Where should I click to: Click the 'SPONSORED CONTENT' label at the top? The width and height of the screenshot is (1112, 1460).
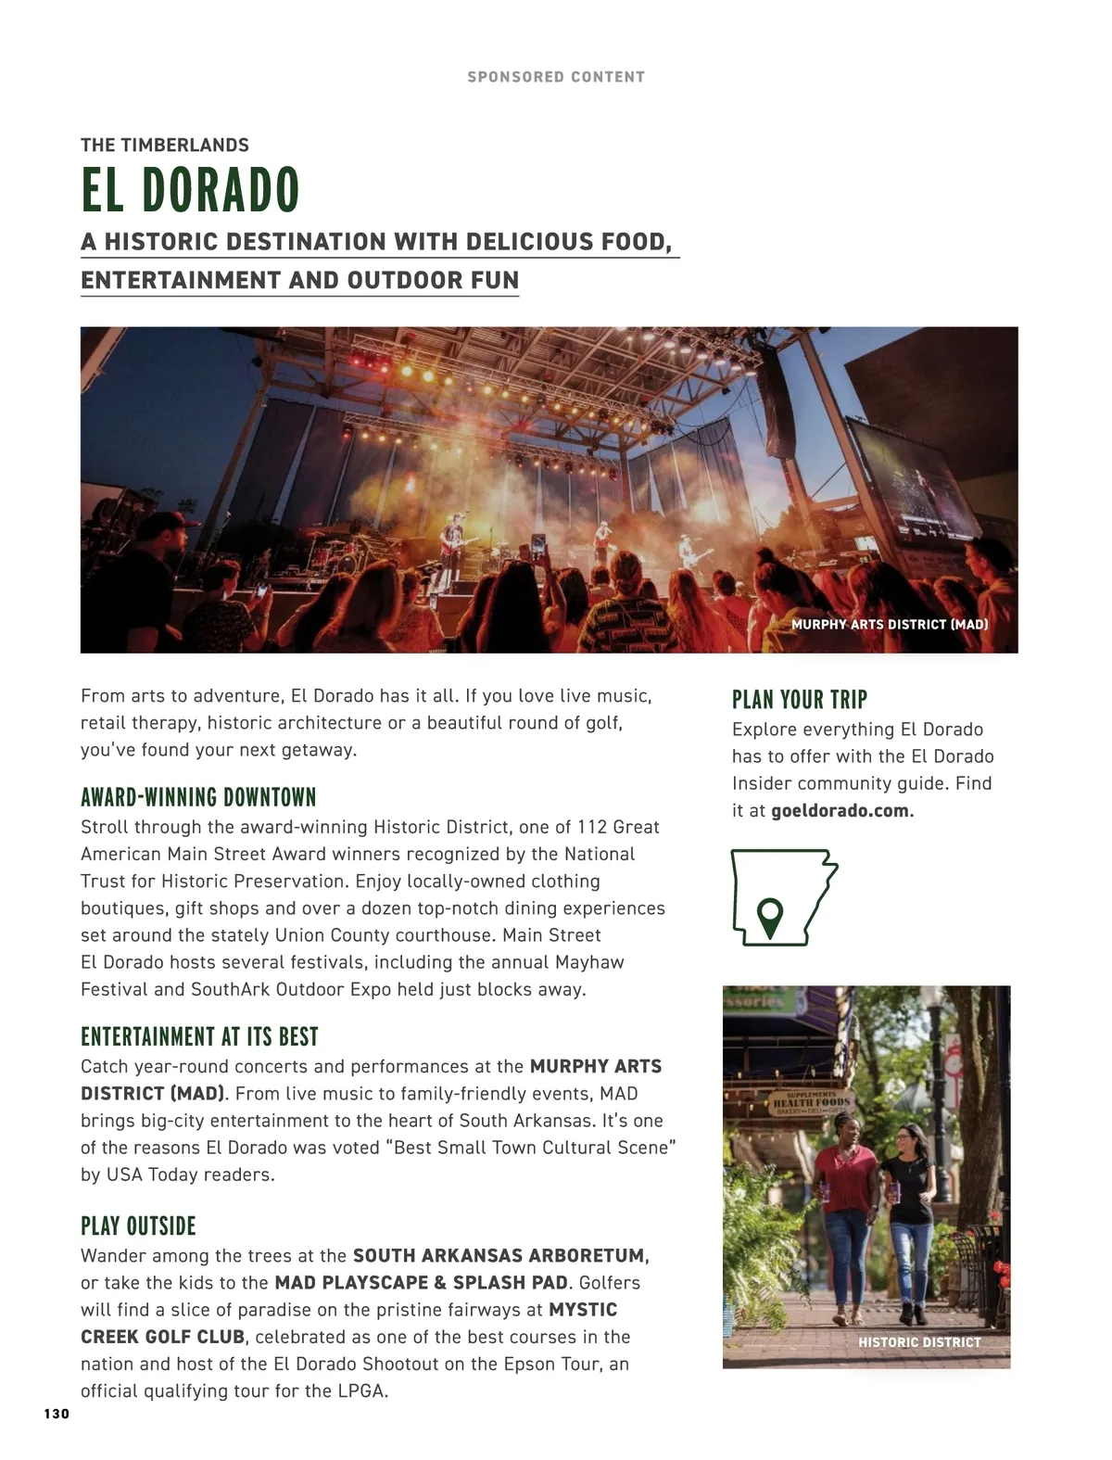click(x=556, y=77)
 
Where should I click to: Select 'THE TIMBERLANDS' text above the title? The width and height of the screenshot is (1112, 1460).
click(x=165, y=145)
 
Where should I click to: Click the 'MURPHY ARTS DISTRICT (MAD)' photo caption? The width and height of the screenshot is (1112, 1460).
click(x=889, y=624)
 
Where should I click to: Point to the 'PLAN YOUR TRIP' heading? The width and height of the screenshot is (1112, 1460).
click(x=799, y=699)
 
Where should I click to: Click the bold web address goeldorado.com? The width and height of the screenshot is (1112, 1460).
click(x=841, y=810)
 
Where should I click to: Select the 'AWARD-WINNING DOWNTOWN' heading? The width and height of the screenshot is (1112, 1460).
click(x=198, y=797)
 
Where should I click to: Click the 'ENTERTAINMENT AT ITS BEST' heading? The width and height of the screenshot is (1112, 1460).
click(x=199, y=1036)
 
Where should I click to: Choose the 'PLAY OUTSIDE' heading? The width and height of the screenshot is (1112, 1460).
click(x=138, y=1225)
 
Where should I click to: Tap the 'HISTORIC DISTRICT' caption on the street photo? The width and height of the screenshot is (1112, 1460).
click(x=918, y=1341)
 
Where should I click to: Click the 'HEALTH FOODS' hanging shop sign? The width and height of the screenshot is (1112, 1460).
click(x=811, y=1102)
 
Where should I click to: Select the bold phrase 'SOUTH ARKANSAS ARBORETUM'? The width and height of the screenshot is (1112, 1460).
click(x=499, y=1256)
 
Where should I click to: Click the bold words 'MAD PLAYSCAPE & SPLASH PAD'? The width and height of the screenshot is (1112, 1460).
click(x=422, y=1283)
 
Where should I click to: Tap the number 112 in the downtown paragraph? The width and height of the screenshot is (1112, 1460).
click(x=592, y=827)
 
